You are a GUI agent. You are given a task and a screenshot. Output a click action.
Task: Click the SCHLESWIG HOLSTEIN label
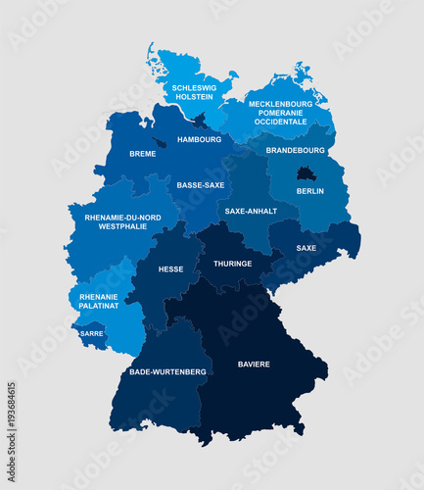pos(194,92)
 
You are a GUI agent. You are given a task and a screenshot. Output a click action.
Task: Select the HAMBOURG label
pos(200,140)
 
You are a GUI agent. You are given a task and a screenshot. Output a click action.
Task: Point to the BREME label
pos(142,154)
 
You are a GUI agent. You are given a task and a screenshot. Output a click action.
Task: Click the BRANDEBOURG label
pos(295,151)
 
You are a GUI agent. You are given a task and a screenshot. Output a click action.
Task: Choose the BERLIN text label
pos(309,191)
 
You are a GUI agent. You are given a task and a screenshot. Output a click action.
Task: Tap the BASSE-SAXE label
pos(200,184)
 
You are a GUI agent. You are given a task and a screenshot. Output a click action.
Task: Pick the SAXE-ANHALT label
pos(250,211)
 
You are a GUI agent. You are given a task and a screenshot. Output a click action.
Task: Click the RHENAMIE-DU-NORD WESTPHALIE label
pos(122,221)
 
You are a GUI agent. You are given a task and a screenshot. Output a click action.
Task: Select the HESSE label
pos(170,269)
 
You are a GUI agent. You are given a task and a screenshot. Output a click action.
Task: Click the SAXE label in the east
pos(306,248)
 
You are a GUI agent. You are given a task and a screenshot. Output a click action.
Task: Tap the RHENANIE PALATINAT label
pos(99,301)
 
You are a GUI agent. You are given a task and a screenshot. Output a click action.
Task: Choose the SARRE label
pos(92,333)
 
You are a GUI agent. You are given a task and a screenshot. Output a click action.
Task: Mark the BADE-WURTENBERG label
pos(167,372)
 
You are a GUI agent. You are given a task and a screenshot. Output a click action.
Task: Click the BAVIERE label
pos(254,365)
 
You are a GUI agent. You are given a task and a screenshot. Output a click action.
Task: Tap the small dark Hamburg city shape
pos(200,122)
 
